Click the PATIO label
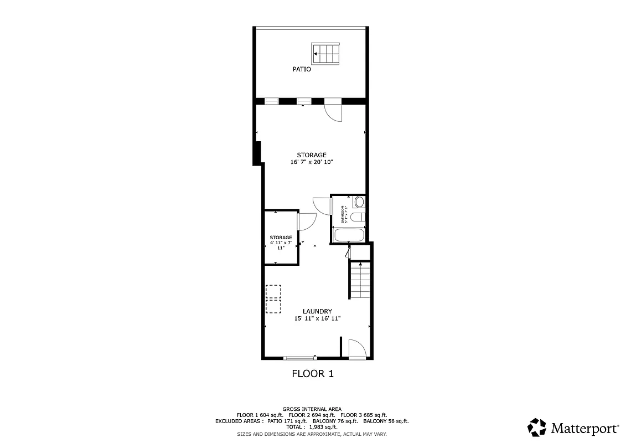(x=302, y=69)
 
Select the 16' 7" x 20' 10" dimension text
(x=312, y=162)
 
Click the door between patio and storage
(x=334, y=110)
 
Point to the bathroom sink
(x=359, y=202)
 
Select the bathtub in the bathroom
(x=348, y=235)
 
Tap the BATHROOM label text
(x=343, y=215)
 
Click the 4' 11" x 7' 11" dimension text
(x=281, y=245)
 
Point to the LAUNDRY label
(x=317, y=311)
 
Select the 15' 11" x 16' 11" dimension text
(x=317, y=318)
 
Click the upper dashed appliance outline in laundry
(x=273, y=291)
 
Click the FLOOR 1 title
(x=313, y=374)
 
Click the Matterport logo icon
(x=537, y=427)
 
